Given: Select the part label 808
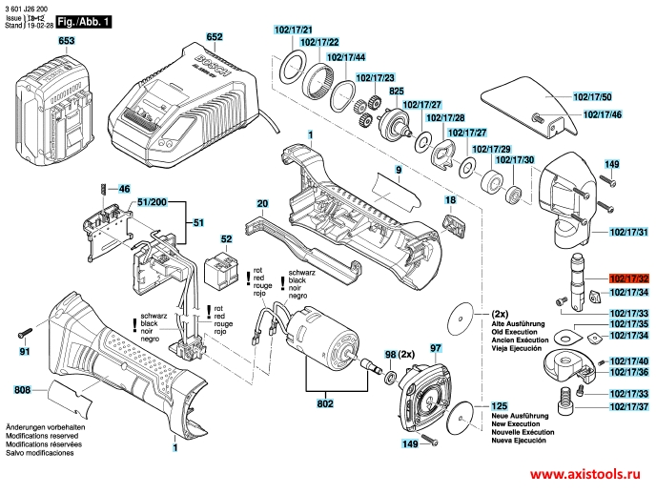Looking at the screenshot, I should pyautogui.click(x=22, y=389).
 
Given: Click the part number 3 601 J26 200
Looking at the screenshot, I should pyautogui.click(x=30, y=7).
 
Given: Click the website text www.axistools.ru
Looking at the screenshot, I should pyautogui.click(x=584, y=474).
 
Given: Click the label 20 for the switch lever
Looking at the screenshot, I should pyautogui.click(x=262, y=203).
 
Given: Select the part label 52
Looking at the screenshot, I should pyautogui.click(x=226, y=239).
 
